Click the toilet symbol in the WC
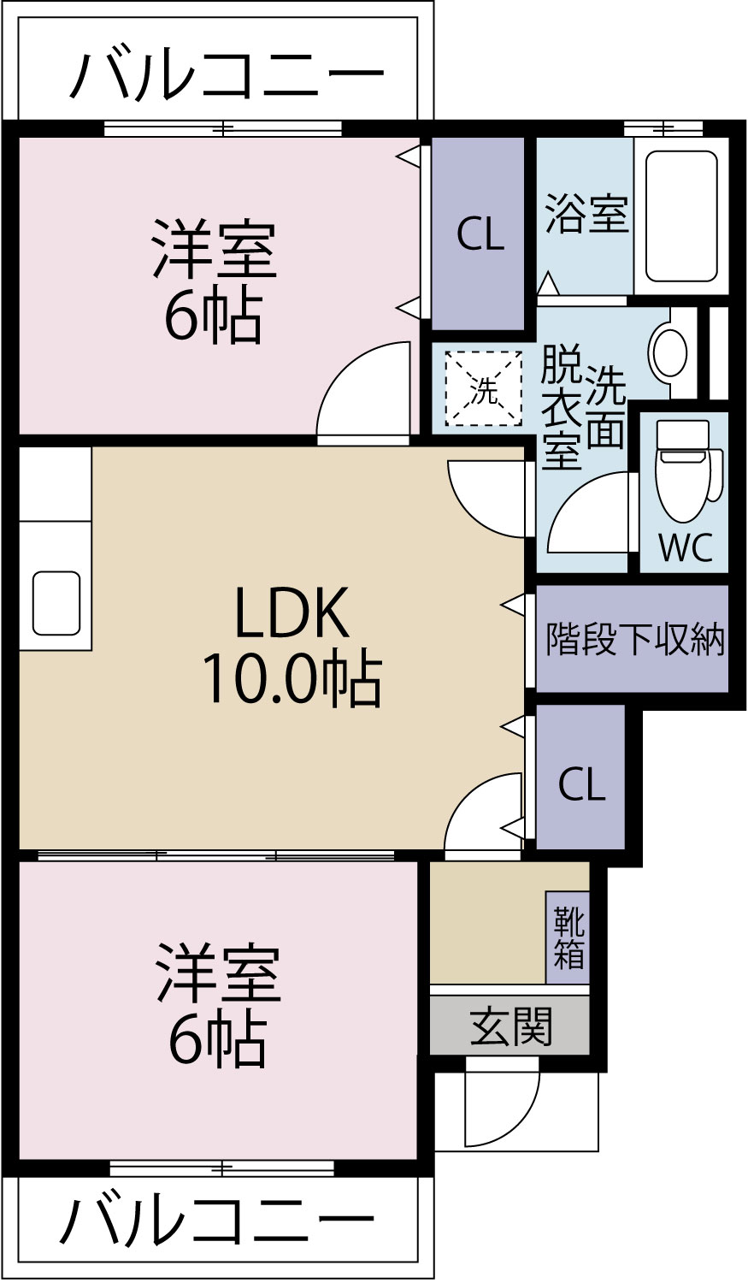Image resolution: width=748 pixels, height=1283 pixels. pyautogui.click(x=683, y=470)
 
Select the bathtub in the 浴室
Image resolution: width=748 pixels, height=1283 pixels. pyautogui.click(x=681, y=216)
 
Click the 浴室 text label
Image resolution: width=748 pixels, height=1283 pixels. pyautogui.click(x=586, y=213)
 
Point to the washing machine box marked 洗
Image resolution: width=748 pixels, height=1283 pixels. pyautogui.click(x=483, y=388)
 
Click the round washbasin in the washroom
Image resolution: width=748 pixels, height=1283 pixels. pyautogui.click(x=668, y=352)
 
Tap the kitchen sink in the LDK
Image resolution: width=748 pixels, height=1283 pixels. pyautogui.click(x=56, y=603)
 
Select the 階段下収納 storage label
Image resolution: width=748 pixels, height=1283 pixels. pyautogui.click(x=634, y=639)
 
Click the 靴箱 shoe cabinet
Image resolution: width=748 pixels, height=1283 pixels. pyautogui.click(x=568, y=937)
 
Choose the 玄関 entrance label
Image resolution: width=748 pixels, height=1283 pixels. pyautogui.click(x=511, y=1026)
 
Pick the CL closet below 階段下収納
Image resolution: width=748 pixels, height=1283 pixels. pyautogui.click(x=581, y=783)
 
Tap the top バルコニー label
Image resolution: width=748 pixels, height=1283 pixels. pyautogui.click(x=226, y=75)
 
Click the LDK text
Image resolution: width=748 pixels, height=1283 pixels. pyautogui.click(x=292, y=613)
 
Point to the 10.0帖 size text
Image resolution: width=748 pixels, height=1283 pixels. pyautogui.click(x=292, y=679)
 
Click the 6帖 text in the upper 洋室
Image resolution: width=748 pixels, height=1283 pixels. pyautogui.click(x=214, y=317)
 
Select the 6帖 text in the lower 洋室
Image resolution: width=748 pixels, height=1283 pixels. pyautogui.click(x=217, y=1040)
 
